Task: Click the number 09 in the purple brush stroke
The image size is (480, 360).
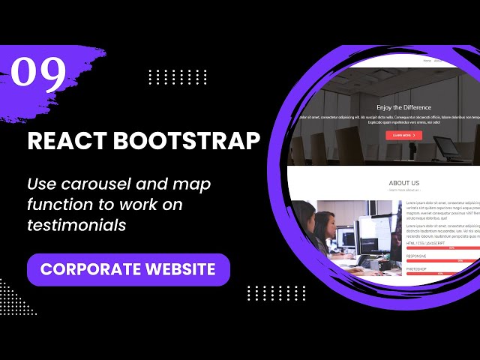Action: [38, 73]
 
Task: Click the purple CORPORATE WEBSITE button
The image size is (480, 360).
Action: [128, 269]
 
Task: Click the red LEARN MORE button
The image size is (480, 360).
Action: [403, 135]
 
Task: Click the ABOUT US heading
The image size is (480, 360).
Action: [404, 183]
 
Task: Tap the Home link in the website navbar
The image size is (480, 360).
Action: [427, 60]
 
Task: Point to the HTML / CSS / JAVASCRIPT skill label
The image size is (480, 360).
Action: [426, 243]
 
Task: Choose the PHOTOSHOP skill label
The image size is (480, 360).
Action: [418, 268]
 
